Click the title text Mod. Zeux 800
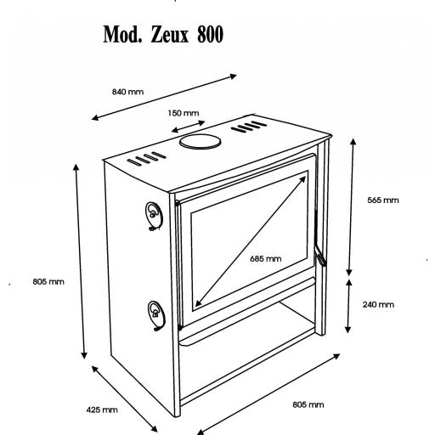[163, 35]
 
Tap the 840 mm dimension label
[127, 92]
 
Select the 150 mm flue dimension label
[184, 113]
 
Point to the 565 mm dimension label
[383, 201]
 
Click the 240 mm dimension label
[378, 304]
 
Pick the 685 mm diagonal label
[266, 258]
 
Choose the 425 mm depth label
[102, 410]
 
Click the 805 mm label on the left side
[48, 282]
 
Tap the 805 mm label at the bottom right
[308, 404]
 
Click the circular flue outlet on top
[201, 141]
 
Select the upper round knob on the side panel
[154, 216]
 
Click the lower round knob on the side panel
[156, 315]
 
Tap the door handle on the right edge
[320, 256]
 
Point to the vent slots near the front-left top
[147, 159]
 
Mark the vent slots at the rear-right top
[249, 127]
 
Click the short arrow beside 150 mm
[188, 127]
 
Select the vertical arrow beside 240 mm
[348, 306]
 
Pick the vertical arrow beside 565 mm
[351, 206]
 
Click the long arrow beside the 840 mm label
[164, 97]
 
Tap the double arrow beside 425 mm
[125, 398]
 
